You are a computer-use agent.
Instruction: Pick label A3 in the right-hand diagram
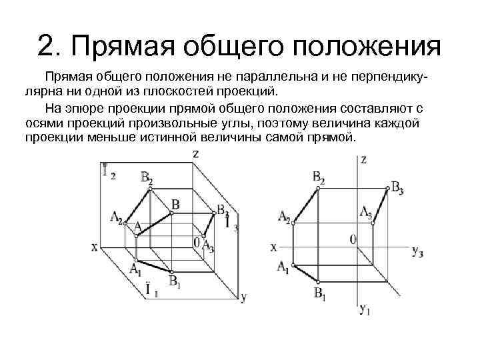pos(366,212)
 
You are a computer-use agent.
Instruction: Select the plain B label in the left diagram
pos(175,205)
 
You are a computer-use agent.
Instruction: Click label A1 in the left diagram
pos(135,269)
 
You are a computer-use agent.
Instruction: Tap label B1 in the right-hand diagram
pos(320,293)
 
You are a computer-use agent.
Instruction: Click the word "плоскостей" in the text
pos(185,91)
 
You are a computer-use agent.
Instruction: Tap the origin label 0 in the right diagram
pos(353,238)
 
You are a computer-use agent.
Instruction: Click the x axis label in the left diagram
pos(94,247)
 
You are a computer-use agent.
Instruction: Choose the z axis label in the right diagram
pos(363,160)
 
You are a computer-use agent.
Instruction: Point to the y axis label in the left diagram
pos(243,297)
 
